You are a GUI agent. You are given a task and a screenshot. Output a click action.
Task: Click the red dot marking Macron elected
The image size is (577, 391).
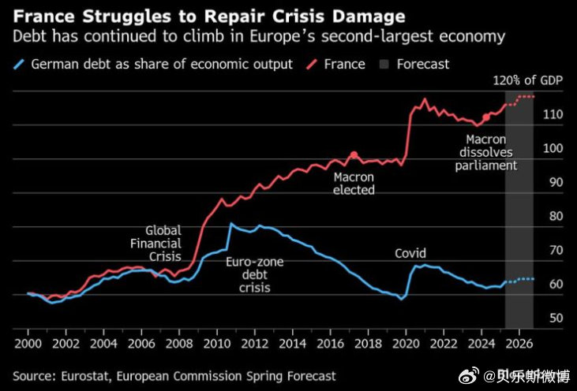click(354, 155)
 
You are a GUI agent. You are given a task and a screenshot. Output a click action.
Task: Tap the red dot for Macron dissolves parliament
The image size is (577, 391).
click(486, 117)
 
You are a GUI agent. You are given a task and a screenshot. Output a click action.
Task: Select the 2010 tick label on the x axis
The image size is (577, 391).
click(217, 344)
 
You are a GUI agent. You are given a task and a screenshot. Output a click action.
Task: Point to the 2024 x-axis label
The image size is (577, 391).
click(481, 344)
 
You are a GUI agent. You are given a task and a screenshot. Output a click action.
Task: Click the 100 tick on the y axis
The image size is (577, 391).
click(553, 148)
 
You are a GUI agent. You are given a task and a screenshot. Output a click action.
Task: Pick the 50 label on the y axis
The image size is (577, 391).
click(556, 318)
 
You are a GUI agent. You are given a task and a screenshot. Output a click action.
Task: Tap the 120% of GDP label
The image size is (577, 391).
click(528, 80)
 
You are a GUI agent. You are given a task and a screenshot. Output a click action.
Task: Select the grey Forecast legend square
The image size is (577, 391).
click(384, 65)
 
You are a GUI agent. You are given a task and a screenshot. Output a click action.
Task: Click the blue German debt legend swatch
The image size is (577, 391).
click(18, 65)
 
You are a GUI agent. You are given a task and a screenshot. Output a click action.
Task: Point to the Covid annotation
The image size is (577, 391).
click(410, 253)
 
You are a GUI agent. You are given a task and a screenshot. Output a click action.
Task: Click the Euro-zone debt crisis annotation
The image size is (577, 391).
click(255, 274)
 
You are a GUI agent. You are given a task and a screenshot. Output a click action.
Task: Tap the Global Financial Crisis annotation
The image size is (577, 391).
click(156, 244)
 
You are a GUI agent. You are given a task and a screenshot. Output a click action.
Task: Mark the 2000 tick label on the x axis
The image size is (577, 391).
click(28, 344)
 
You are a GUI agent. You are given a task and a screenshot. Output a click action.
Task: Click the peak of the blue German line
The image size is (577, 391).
click(230, 223)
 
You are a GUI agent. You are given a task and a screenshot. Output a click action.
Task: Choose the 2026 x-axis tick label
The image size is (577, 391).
click(519, 344)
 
